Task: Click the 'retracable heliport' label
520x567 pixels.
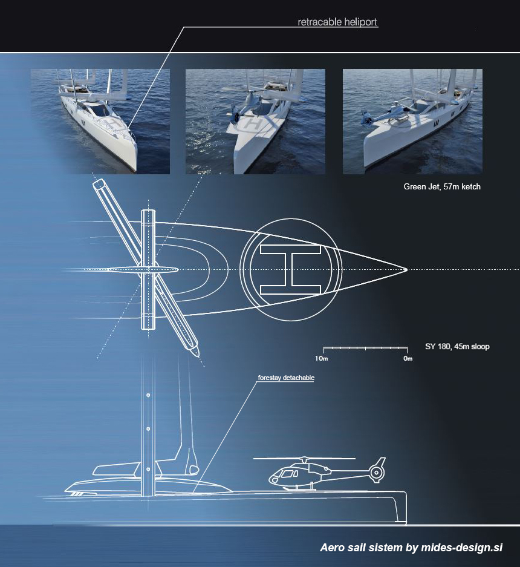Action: tap(337, 22)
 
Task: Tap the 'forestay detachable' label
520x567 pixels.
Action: tap(286, 378)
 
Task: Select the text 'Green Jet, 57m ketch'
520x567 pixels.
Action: tap(442, 187)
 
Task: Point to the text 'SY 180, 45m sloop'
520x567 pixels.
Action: tap(457, 347)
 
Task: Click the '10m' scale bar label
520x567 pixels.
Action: tap(322, 359)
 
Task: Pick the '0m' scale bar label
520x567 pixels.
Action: tap(408, 359)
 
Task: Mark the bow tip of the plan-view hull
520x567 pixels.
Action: tap(406, 269)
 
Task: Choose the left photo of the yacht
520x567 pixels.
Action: tap(100, 121)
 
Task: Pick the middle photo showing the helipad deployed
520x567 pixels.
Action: tap(255, 121)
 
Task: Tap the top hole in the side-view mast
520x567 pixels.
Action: tap(148, 396)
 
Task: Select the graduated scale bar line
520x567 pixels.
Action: tap(365, 349)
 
